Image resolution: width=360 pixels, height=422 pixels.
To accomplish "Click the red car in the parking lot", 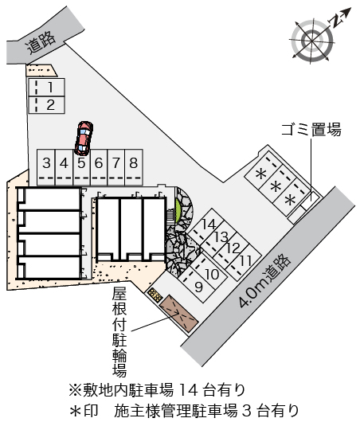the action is click(84, 138).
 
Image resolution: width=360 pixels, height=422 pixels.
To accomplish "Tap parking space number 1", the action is click(46, 88).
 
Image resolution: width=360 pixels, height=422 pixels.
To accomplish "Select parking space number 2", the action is click(46, 105).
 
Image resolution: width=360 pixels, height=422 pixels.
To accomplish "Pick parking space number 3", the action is click(46, 167).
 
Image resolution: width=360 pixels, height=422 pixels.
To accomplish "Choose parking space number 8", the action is click(134, 167).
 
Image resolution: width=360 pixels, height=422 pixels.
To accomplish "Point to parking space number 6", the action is click(99, 167).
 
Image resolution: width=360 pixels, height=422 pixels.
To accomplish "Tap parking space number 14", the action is click(206, 225).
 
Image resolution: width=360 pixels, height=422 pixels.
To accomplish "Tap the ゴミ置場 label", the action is click(311, 130).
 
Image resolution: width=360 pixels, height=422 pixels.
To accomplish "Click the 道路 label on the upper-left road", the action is click(41, 42).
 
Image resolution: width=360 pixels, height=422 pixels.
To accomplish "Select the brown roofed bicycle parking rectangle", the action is click(178, 313).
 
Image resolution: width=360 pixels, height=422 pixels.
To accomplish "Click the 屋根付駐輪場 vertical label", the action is click(119, 332).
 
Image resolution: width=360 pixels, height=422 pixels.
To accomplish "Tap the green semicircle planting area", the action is click(178, 211).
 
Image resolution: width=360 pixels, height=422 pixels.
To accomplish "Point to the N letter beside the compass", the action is click(336, 21).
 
